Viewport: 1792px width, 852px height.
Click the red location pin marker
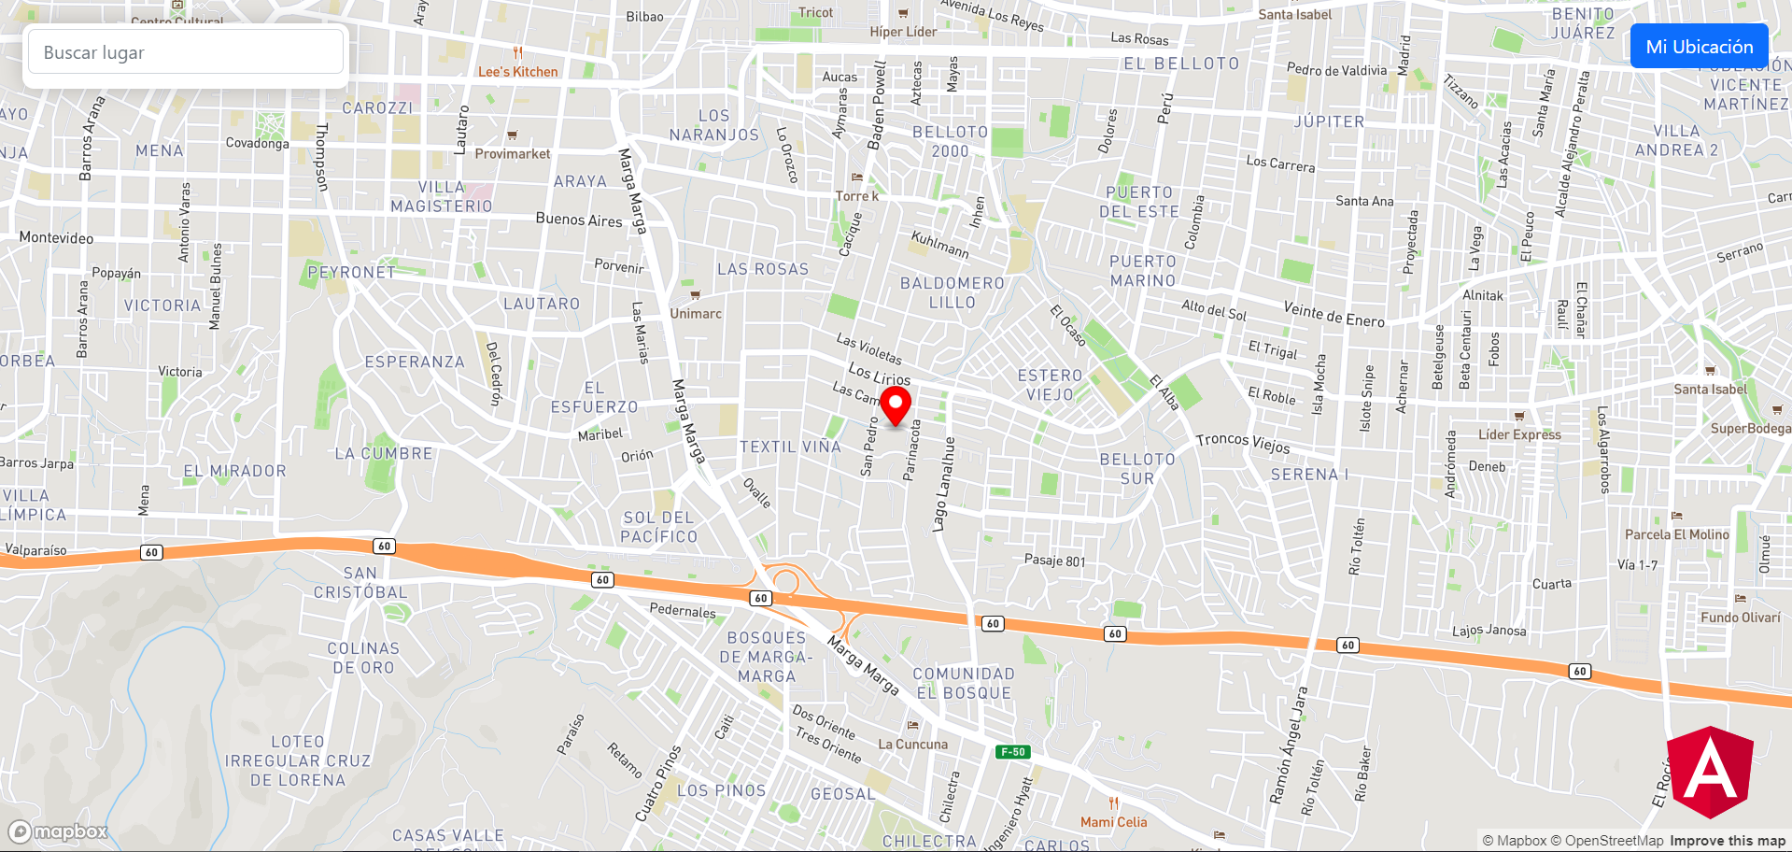coord(896,405)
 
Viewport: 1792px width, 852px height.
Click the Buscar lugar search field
coord(186,52)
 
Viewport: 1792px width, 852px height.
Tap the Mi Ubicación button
coord(1699,47)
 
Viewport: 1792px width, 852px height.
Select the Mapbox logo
coord(59,831)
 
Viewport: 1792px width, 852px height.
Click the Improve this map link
coord(1728,841)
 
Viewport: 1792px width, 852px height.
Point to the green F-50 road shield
coord(1013,752)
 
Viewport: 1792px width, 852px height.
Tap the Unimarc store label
coord(696,314)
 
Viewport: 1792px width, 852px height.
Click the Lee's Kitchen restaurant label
coord(517,72)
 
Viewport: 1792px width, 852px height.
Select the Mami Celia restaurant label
coord(1113,822)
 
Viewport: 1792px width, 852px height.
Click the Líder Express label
coord(1519,434)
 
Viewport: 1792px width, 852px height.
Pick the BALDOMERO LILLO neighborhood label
coord(952,292)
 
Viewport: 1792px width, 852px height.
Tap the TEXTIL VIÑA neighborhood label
coord(790,447)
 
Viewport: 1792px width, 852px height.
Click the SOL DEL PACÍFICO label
coord(659,527)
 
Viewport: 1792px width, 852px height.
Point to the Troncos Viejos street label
coord(1243,443)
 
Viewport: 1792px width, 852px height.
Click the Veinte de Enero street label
coord(1333,315)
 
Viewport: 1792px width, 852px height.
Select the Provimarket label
coord(513,154)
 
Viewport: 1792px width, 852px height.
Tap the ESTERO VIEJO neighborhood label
coord(1050,385)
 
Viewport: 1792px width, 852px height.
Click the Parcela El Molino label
coord(1677,534)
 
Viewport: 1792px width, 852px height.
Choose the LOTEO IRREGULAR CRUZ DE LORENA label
coord(298,760)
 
